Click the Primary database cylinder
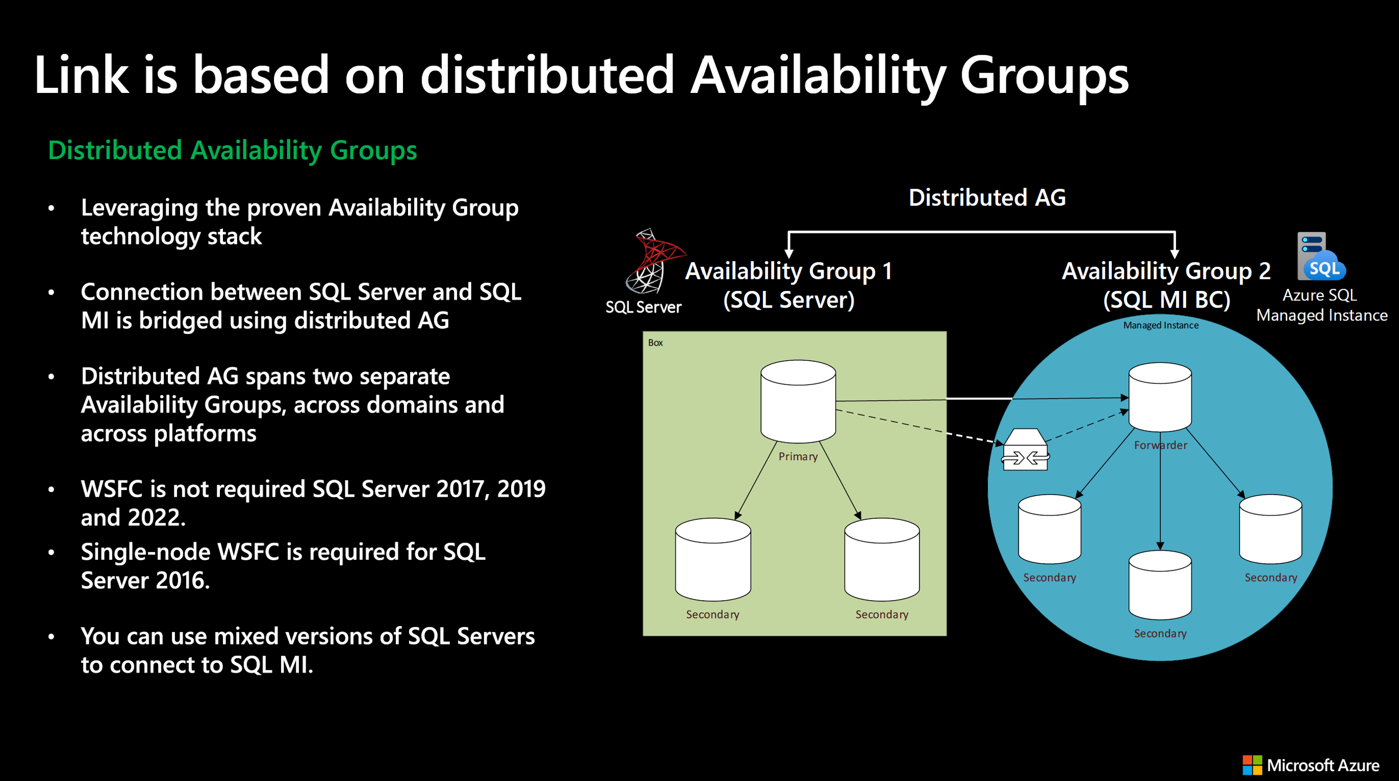798,401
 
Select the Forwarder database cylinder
1160,397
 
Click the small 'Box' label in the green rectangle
655,343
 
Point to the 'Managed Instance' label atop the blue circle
1160,325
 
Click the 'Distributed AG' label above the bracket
987,198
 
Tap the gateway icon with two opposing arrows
1025,450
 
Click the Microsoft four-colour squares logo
1252,765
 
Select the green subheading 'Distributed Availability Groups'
233,151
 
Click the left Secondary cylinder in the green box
712,560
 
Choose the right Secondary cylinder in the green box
881,560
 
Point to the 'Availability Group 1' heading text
788,271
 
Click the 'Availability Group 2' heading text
1165,271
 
